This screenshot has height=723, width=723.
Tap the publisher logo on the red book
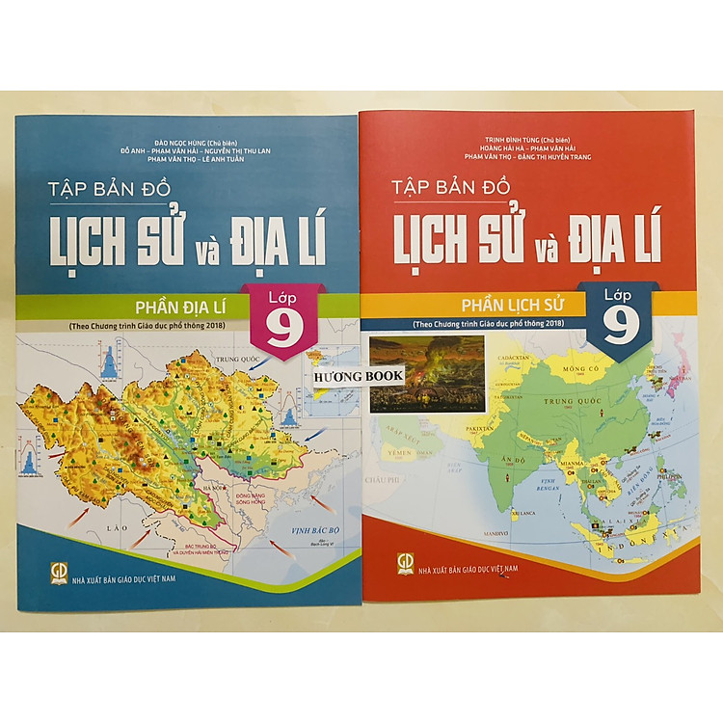coord(406,563)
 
